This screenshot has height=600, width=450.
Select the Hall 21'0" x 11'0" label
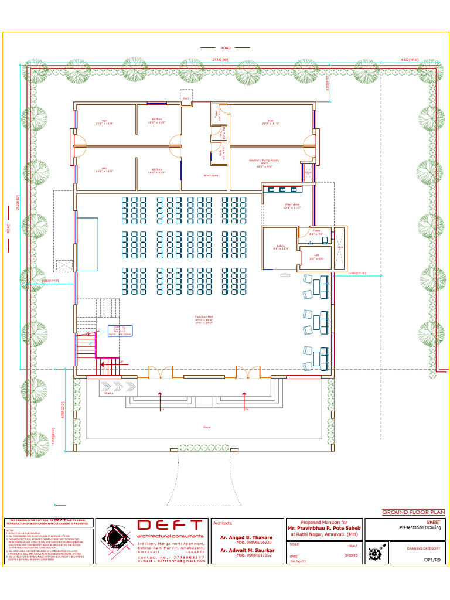pyautogui.click(x=270, y=122)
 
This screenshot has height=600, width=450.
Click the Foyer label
pyautogui.click(x=207, y=427)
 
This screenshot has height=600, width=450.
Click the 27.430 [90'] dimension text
pyautogui.click(x=220, y=60)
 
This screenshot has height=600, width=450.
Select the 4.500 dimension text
pyautogui.click(x=409, y=60)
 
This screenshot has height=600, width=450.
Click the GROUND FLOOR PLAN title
pyautogui.click(x=413, y=512)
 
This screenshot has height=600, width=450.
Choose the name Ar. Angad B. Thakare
pyautogui.click(x=246, y=537)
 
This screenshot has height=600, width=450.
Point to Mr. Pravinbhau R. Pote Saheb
pyautogui.click(x=323, y=528)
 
